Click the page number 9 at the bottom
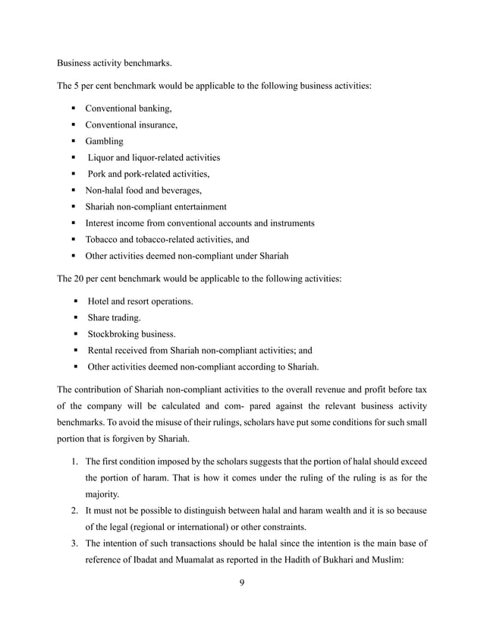pos(241,583)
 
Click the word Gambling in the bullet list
pos(104,141)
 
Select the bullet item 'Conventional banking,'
pos(128,108)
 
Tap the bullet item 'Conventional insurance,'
pos(131,124)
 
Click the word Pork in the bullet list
pos(99,174)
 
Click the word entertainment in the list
pos(200,206)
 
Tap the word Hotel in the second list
pos(101,301)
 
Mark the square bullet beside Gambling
pos(74,142)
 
